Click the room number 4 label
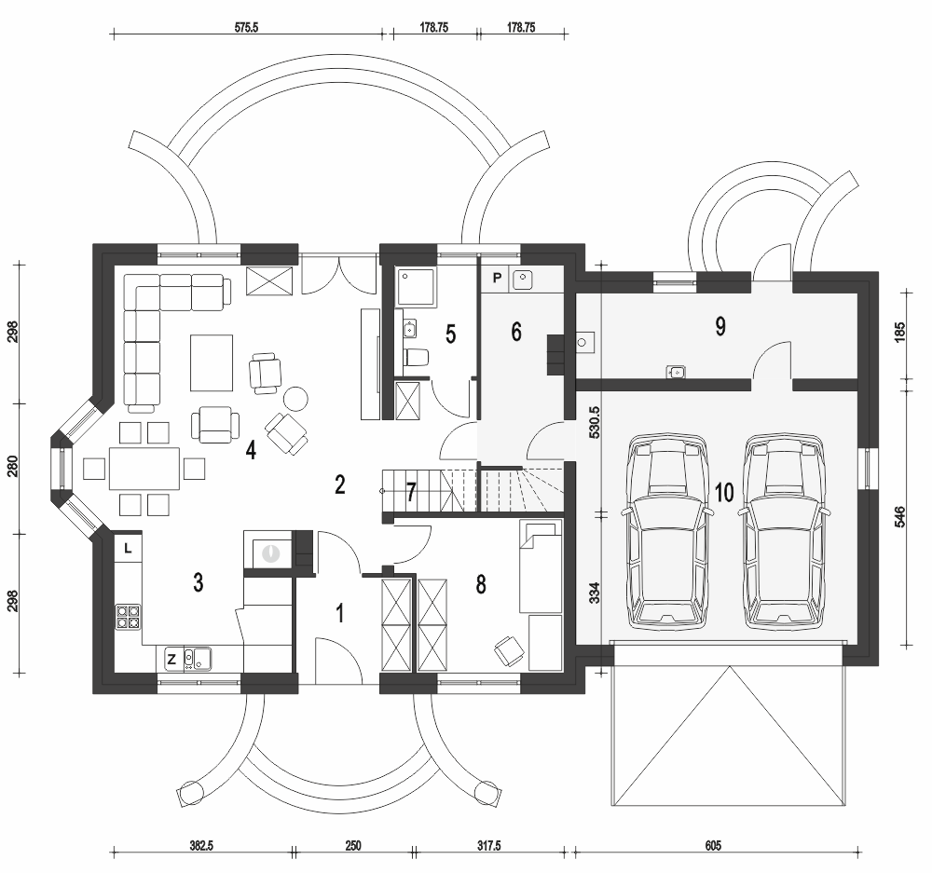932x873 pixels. [x=251, y=450]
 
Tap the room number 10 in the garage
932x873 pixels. [x=724, y=492]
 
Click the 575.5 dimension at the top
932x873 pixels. [x=247, y=28]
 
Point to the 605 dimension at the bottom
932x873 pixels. [x=713, y=845]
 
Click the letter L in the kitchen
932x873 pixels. [x=128, y=549]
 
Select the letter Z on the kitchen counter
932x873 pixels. [x=171, y=659]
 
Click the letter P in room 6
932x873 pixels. [x=498, y=278]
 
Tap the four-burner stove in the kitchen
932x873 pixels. [x=128, y=617]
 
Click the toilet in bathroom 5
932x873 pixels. [x=416, y=358]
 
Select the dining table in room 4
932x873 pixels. [x=144, y=469]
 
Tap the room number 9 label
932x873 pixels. [x=720, y=326]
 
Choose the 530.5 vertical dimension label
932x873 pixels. [x=594, y=423]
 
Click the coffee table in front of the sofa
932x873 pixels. [x=212, y=362]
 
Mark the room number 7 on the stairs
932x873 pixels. [x=411, y=492]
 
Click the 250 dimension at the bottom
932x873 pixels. [x=352, y=845]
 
